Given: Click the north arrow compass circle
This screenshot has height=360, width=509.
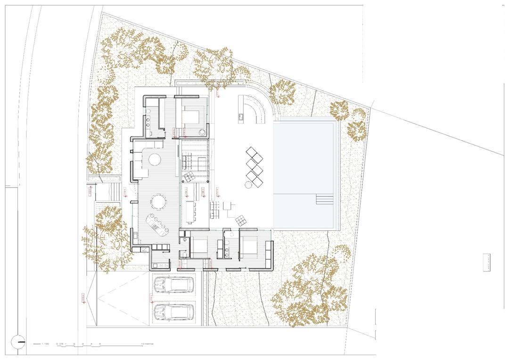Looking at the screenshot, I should [18, 342].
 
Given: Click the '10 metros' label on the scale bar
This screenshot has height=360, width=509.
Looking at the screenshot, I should [148, 344].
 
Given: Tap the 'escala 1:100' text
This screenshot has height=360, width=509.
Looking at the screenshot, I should [41, 344].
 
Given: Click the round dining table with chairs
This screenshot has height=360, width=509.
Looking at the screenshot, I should [158, 203].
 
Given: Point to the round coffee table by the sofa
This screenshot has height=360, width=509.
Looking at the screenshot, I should [156, 159].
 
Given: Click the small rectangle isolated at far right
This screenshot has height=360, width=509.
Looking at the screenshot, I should [486, 262].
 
